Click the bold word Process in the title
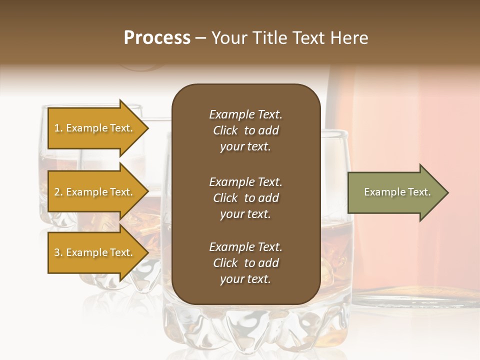[157, 38]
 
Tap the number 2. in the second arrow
[58, 192]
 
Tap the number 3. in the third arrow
[58, 252]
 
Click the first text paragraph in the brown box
[245, 130]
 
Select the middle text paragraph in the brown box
[245, 198]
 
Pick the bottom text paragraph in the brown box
[245, 263]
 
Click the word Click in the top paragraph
[225, 130]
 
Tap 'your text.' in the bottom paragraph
[245, 279]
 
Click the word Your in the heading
[227, 38]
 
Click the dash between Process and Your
[200, 38]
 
